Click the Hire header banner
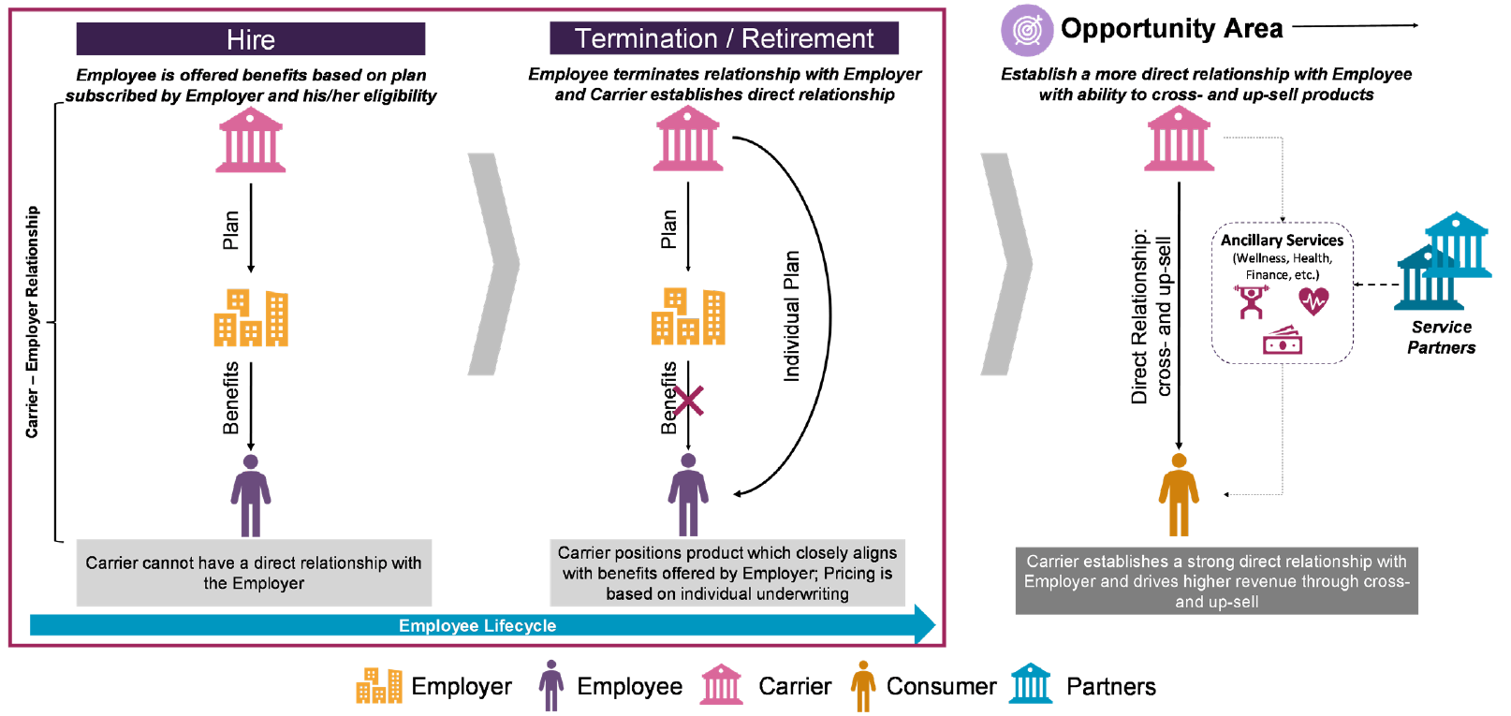click(250, 39)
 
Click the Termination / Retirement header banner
click(724, 38)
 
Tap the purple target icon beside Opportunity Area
click(1027, 30)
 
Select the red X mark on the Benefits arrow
click(688, 402)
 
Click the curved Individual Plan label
click(792, 315)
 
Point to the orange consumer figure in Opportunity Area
click(1179, 494)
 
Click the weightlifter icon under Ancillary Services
click(1251, 301)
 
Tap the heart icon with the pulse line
click(1313, 300)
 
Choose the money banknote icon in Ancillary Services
click(1283, 341)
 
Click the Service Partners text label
click(1441, 337)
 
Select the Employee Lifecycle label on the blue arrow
click(477, 625)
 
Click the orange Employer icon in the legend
click(378, 686)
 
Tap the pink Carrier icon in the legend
click(722, 685)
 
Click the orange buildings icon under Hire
click(251, 317)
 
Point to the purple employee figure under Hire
click(251, 495)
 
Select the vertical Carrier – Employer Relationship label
click(33, 322)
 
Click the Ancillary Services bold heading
click(1282, 241)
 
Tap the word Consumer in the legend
click(941, 687)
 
